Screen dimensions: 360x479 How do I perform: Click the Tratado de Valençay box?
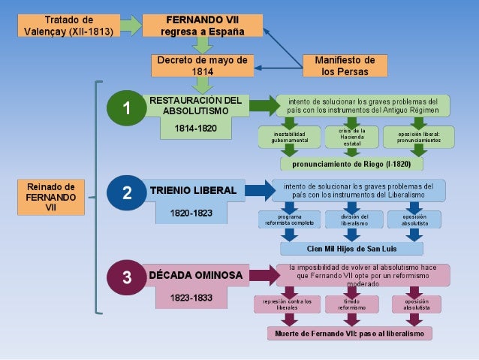pyautogui.click(x=69, y=25)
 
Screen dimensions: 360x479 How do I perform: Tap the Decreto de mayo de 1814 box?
pyautogui.click(x=202, y=65)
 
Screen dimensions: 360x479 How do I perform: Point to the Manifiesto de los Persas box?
pyautogui.click(x=345, y=65)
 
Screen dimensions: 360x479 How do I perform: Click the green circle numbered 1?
pyautogui.click(x=128, y=109)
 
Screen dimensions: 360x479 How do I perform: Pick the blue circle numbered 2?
pyautogui.click(x=128, y=193)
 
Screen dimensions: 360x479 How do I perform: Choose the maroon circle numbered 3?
pyautogui.click(x=128, y=277)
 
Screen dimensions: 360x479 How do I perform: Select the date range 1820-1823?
pyautogui.click(x=191, y=213)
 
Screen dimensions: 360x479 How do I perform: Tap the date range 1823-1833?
pyautogui.click(x=191, y=298)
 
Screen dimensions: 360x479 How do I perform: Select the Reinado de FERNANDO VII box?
pyautogui.click(x=51, y=197)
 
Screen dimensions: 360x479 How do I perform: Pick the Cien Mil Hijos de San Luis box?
pyautogui.click(x=352, y=248)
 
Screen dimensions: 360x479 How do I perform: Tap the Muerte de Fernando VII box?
pyautogui.click(x=349, y=333)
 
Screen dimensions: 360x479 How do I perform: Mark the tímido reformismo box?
pyautogui.click(x=351, y=304)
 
